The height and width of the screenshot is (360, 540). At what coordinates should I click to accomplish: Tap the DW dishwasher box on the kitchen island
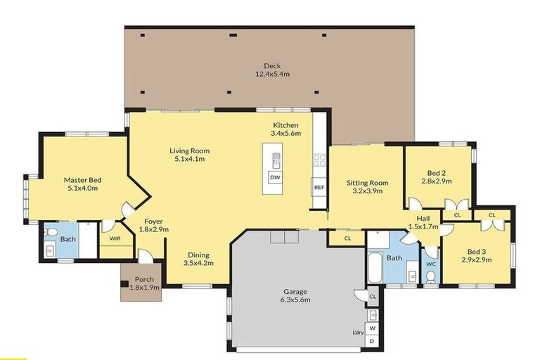(275, 177)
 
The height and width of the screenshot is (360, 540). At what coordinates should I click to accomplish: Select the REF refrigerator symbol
(319, 188)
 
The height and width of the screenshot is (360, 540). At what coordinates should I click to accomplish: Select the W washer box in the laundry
(373, 328)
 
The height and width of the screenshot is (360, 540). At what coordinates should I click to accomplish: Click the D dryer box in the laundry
(373, 341)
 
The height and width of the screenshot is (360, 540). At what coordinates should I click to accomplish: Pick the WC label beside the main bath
(431, 264)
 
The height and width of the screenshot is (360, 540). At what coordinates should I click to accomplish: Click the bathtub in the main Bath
(373, 269)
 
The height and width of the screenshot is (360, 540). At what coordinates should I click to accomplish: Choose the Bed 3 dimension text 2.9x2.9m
(477, 259)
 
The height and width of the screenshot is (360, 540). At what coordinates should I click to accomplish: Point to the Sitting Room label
(367, 183)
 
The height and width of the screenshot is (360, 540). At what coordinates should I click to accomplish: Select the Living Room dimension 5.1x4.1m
(189, 159)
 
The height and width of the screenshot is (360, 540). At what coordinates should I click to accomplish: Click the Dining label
(198, 255)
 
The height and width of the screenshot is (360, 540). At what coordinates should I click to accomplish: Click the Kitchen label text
(286, 125)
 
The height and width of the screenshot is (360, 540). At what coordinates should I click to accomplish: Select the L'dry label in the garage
(357, 333)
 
